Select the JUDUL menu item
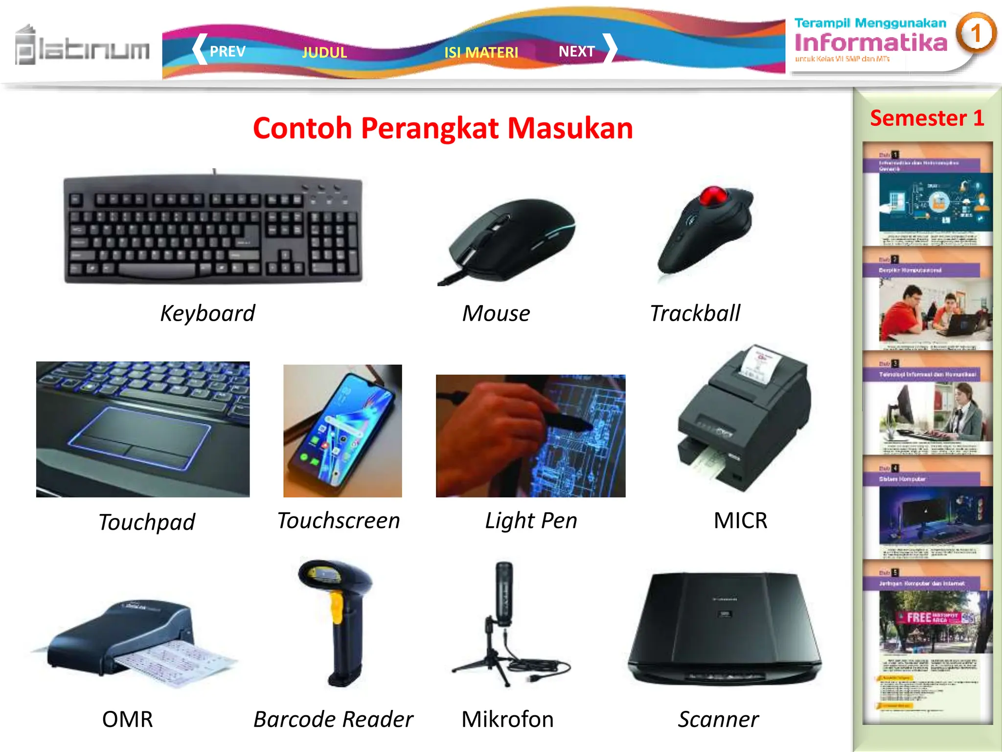(x=324, y=52)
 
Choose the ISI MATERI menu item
(x=481, y=52)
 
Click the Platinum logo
(x=82, y=47)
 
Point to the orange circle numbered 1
(x=976, y=33)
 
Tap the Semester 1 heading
(x=927, y=118)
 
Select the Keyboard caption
(x=207, y=313)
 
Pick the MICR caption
(x=740, y=520)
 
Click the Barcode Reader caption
(x=333, y=719)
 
